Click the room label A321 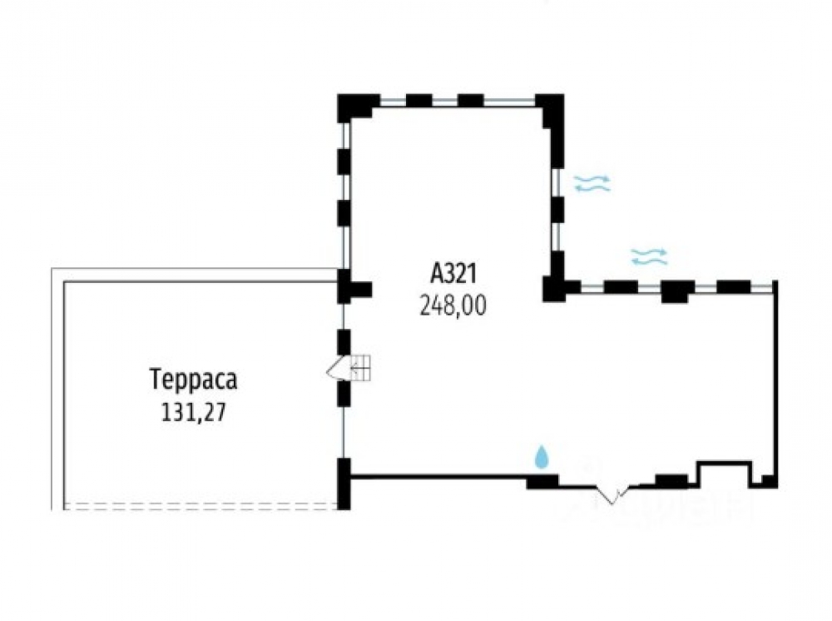pos(453,273)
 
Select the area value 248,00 pos(453,306)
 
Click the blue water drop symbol pos(542,456)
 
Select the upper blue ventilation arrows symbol pos(592,184)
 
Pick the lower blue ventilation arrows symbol pos(649,256)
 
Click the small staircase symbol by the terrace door pos(361,367)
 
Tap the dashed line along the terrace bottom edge pos(200,504)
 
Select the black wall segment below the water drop pos(542,480)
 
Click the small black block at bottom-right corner pos(769,480)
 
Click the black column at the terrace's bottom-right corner pos(343,483)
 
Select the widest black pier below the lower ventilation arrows pos(677,290)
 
